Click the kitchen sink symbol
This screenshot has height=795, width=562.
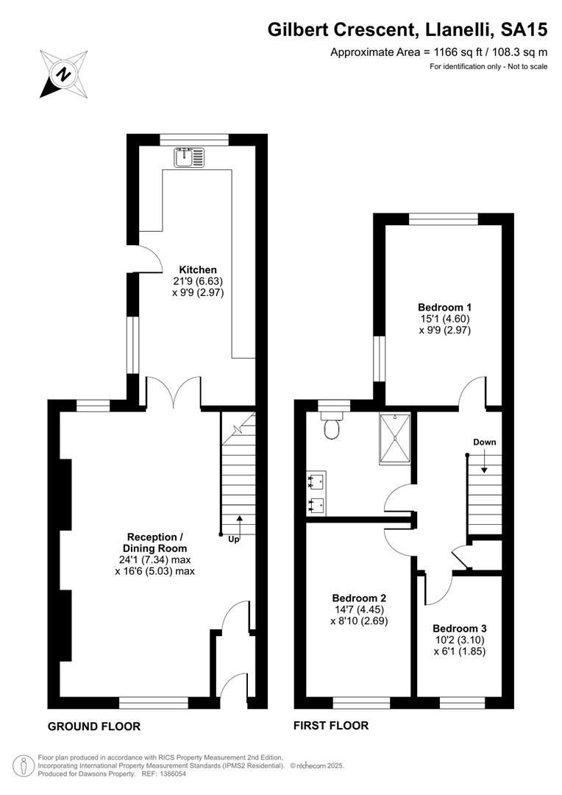(x=190, y=158)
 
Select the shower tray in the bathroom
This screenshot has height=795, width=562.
(x=394, y=438)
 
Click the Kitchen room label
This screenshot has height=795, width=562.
(x=198, y=269)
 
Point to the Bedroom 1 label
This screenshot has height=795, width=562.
(x=444, y=307)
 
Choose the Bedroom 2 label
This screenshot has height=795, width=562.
(x=359, y=598)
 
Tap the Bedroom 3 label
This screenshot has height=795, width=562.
(x=460, y=629)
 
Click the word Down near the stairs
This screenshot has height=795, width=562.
(x=485, y=442)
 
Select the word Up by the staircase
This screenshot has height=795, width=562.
(x=234, y=540)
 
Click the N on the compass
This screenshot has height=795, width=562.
(x=63, y=74)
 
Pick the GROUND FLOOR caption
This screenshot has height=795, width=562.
(x=93, y=726)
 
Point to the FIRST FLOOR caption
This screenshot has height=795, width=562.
(x=331, y=726)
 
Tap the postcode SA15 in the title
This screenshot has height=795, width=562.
(x=524, y=30)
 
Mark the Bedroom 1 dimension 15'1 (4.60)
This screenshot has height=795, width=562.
(x=444, y=319)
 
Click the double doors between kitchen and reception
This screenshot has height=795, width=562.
(x=174, y=392)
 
